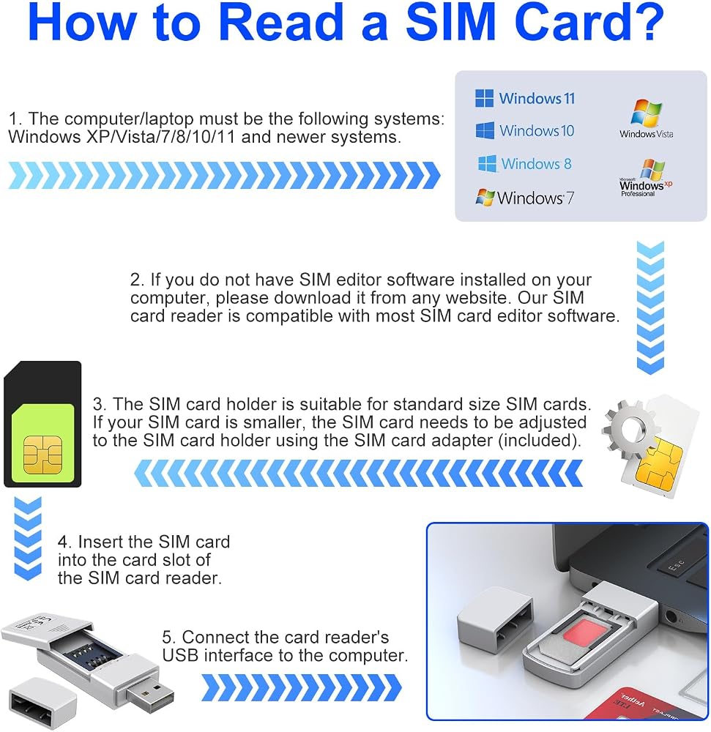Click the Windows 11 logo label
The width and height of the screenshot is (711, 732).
tap(525, 99)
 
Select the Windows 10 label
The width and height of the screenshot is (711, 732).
tap(525, 131)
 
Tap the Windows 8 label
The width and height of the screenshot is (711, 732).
tap(525, 164)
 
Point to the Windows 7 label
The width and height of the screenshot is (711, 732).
tap(525, 198)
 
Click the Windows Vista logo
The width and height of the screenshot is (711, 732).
tap(647, 119)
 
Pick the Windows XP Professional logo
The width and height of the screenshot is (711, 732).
tap(646, 178)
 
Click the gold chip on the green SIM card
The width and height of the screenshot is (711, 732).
tap(42, 455)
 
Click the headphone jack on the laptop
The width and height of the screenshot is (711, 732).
tap(671, 616)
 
